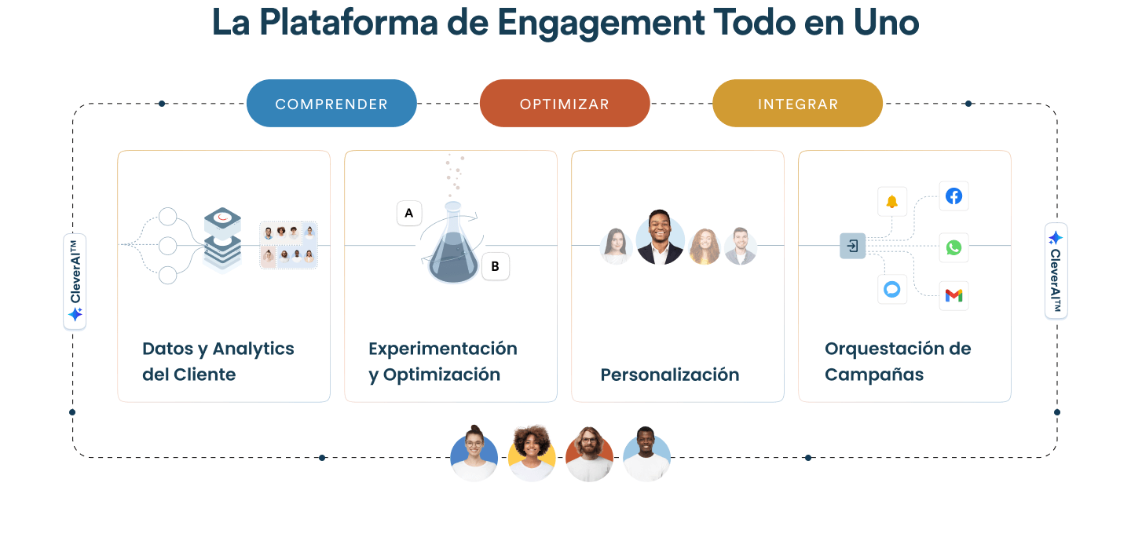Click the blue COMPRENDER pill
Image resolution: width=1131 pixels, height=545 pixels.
click(x=331, y=104)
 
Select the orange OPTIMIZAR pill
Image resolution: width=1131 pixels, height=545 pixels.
click(x=565, y=104)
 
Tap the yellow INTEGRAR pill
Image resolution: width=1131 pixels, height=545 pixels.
click(x=797, y=104)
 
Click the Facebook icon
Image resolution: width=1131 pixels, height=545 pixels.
click(x=953, y=196)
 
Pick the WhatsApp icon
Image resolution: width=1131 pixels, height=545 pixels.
click(x=953, y=247)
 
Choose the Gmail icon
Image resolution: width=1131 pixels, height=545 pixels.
click(x=953, y=295)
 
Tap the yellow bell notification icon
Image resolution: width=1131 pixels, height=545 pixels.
click(x=892, y=202)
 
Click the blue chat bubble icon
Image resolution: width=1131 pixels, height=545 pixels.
click(x=892, y=290)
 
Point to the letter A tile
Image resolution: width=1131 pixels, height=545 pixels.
click(x=409, y=213)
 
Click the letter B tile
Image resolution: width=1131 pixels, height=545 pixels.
click(x=495, y=266)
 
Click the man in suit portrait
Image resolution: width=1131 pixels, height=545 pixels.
click(x=660, y=237)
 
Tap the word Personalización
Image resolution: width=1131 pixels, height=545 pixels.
click(x=670, y=375)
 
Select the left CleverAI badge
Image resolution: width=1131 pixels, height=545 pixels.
click(x=75, y=281)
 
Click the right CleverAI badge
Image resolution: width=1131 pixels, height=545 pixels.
click(x=1056, y=271)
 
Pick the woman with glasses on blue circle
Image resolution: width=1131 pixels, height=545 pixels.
click(x=474, y=455)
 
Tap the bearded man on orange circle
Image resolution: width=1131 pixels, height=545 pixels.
click(x=589, y=455)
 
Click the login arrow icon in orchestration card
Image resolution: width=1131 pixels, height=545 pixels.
click(x=852, y=247)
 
